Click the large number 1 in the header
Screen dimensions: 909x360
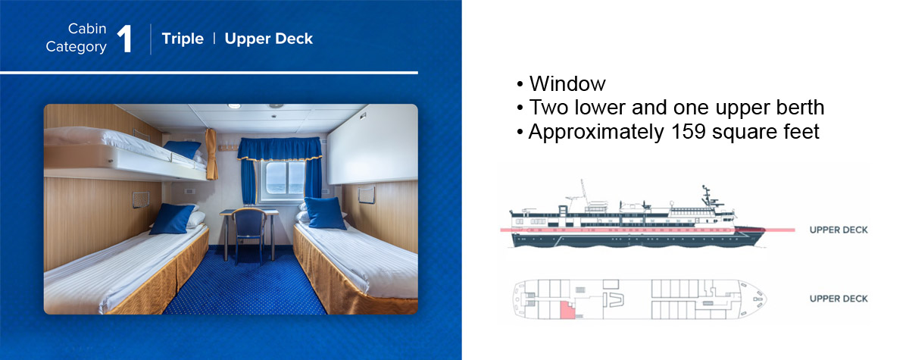(x=125, y=39)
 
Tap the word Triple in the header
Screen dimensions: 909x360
(x=183, y=39)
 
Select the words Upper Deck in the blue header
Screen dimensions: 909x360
(x=269, y=39)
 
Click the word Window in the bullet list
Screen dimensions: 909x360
(x=567, y=83)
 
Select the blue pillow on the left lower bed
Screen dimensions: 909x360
(x=173, y=219)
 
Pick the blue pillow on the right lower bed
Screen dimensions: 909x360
(x=325, y=213)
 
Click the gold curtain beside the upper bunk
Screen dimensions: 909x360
(x=211, y=154)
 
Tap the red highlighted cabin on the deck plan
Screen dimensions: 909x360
(x=567, y=311)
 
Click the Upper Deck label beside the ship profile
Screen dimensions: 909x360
(x=839, y=230)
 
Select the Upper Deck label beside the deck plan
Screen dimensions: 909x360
(x=839, y=299)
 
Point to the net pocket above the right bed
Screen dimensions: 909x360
(x=366, y=195)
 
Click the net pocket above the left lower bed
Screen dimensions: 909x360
(x=141, y=199)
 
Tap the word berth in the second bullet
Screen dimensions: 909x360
(x=800, y=108)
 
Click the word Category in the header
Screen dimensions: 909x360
(x=77, y=47)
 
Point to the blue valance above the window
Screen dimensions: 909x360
(x=280, y=149)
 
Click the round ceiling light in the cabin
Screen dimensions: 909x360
(x=234, y=106)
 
